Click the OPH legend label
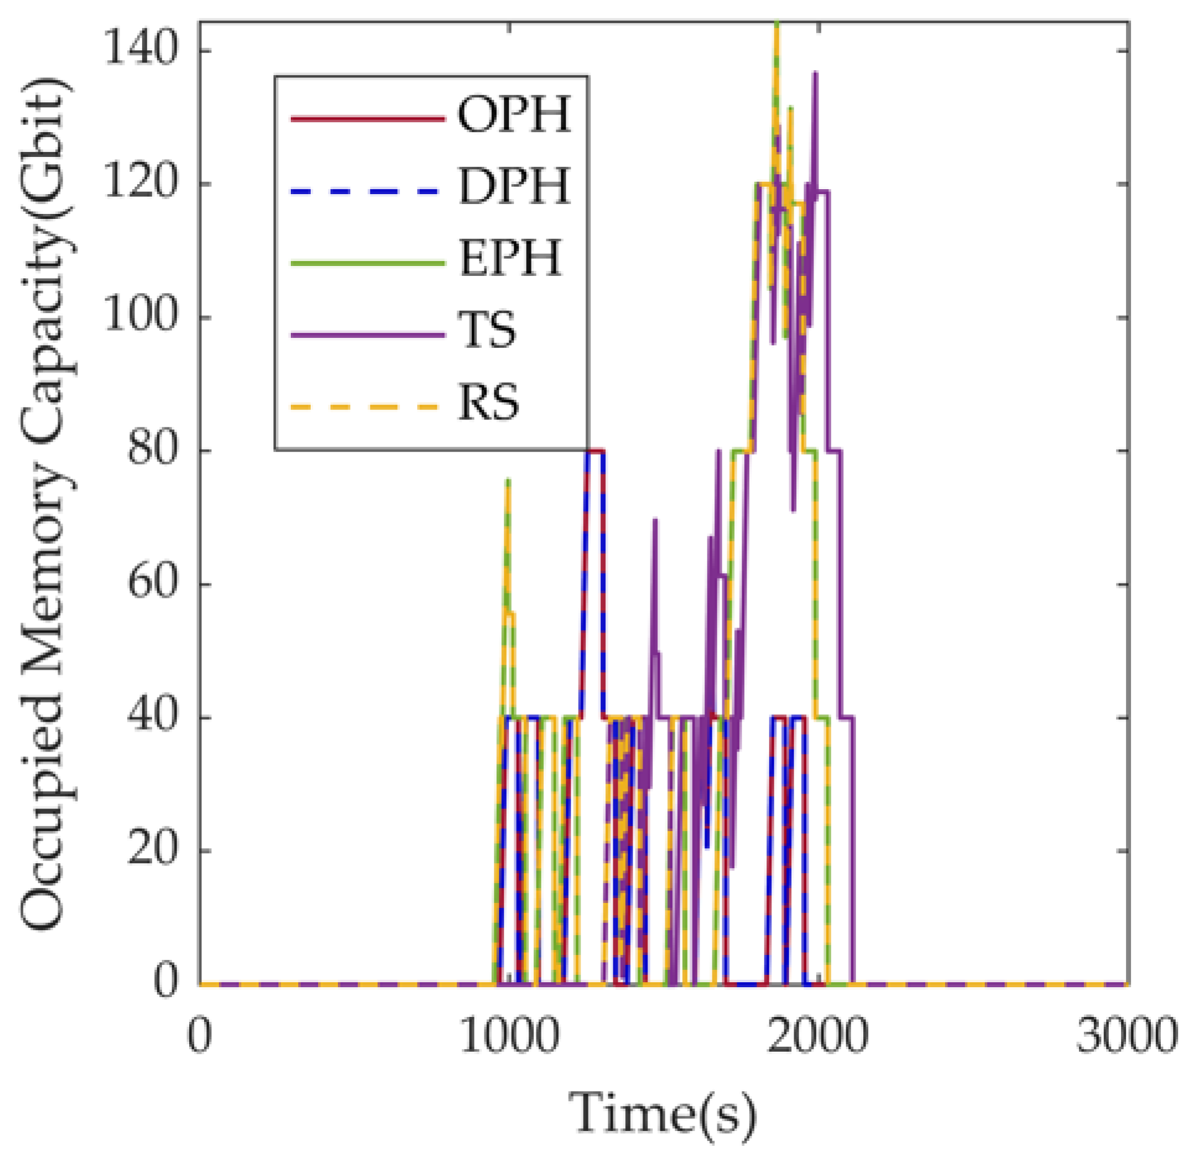tap(513, 115)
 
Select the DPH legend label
tap(513, 186)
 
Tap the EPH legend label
tap(510, 258)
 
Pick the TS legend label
tap(487, 330)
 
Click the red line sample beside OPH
tap(367, 118)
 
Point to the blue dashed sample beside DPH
tap(367, 190)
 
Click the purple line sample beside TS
tap(367, 335)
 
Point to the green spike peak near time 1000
tap(508, 481)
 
